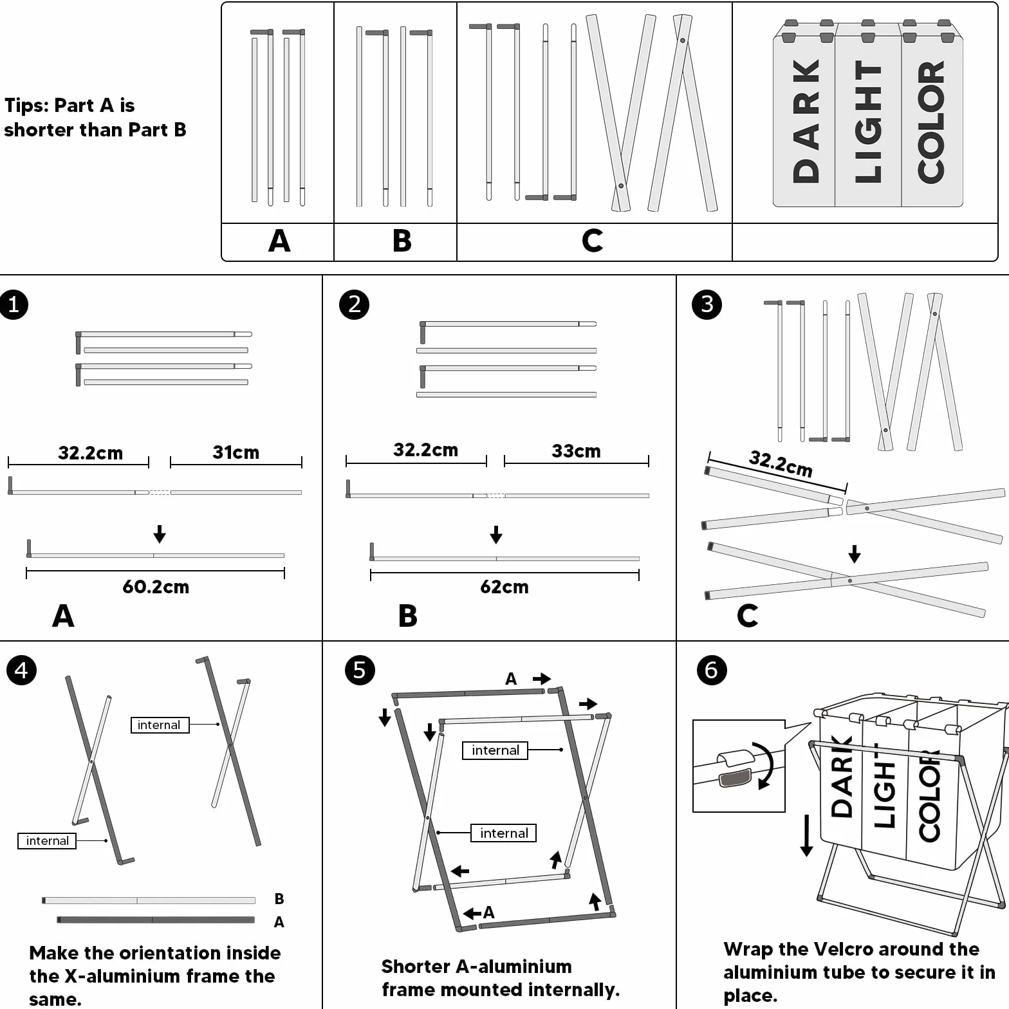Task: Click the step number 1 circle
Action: (14, 304)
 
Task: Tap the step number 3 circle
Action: (707, 304)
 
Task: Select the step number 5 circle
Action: (360, 670)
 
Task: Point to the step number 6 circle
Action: (712, 670)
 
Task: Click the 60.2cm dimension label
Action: (156, 587)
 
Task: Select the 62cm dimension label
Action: (504, 587)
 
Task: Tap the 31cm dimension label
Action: (236, 452)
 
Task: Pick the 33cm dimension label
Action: (576, 451)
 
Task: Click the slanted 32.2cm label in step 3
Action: (781, 463)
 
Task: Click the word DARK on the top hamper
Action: (806, 121)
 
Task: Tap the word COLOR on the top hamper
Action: (930, 122)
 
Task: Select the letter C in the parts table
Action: (593, 241)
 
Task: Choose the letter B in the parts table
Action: (402, 241)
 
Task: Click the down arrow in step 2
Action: (496, 535)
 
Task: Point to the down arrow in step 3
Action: (855, 554)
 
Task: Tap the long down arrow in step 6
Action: (806, 835)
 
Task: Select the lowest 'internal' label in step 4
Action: (47, 841)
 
